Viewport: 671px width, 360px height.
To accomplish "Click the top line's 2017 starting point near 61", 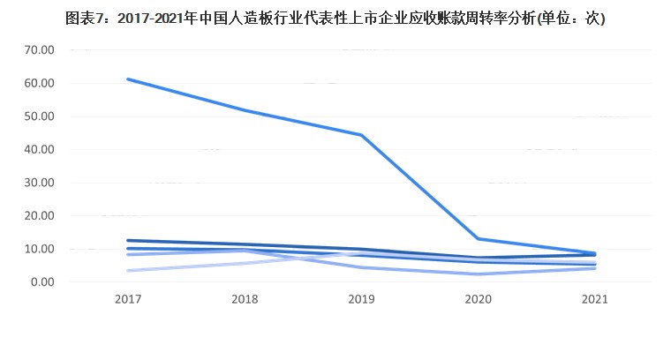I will pos(128,79).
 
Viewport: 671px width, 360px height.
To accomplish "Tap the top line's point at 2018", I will pos(245,110).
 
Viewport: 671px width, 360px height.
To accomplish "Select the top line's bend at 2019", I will pos(361,135).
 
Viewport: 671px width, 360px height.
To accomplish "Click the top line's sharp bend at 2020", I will pos(478,238).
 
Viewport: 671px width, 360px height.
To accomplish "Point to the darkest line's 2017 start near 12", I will pos(128,240).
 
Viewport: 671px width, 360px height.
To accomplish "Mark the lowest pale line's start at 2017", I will pos(128,271).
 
